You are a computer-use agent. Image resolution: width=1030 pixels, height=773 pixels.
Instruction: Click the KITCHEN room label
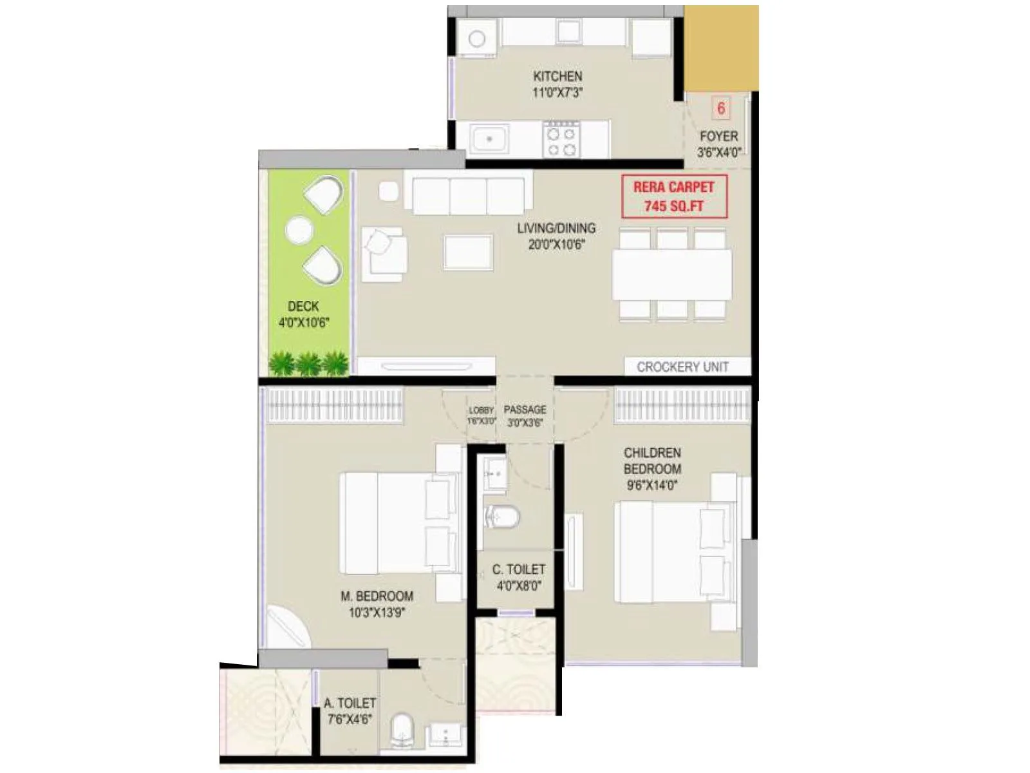[557, 76]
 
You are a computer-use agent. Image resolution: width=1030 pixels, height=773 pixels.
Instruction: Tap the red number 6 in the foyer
[721, 108]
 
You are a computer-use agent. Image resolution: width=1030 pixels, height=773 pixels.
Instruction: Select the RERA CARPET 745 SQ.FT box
[674, 196]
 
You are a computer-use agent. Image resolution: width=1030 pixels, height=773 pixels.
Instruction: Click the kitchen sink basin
[489, 139]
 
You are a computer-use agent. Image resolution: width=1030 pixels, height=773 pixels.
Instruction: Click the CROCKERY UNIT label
[682, 367]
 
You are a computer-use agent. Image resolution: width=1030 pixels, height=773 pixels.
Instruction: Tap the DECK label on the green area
[303, 307]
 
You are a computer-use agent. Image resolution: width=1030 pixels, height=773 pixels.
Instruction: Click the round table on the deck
[299, 230]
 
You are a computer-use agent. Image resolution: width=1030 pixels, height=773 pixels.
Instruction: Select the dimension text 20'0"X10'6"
[556, 245]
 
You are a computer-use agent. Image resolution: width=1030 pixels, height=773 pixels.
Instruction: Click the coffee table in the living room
[468, 252]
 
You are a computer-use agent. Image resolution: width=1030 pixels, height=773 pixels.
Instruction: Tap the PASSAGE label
[525, 410]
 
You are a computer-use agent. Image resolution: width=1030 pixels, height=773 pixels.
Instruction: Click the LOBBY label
[481, 410]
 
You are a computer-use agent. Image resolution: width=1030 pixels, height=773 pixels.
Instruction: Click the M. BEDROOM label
[377, 596]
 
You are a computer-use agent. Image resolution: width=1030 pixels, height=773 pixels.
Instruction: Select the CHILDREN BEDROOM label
[652, 461]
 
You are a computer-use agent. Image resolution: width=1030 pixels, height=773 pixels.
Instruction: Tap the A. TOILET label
[350, 703]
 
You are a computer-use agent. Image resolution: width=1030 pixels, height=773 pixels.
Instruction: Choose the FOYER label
[718, 137]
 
